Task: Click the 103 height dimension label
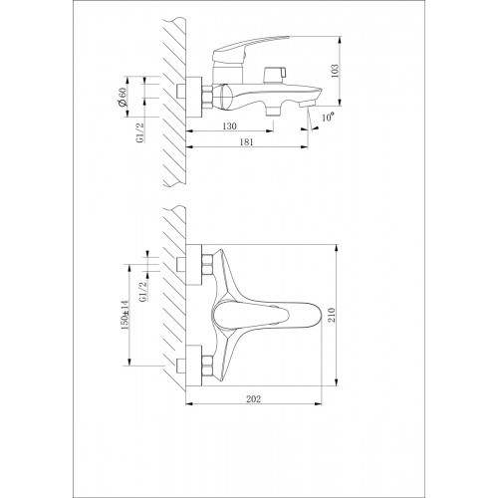tap(335, 71)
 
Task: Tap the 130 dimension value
tap(229, 126)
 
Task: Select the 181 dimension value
tap(246, 142)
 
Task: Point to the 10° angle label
tap(328, 118)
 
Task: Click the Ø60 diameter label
tap(122, 97)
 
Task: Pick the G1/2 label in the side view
tap(140, 132)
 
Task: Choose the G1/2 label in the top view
tap(142, 292)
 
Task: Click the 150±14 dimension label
tap(124, 315)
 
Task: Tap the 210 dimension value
tap(333, 315)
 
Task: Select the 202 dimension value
tap(253, 398)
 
